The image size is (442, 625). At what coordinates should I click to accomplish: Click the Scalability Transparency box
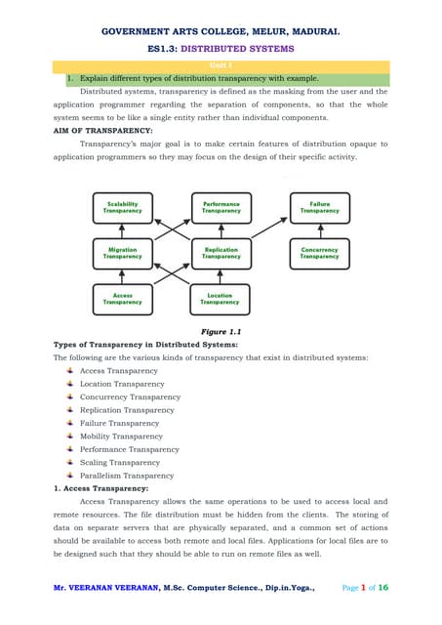tap(122, 207)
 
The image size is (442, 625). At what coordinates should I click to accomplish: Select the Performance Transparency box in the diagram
tap(221, 207)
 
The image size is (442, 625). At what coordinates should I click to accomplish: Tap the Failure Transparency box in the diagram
tap(320, 207)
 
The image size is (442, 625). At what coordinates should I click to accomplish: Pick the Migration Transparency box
tap(122, 253)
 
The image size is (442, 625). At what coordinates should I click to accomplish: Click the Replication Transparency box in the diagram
tap(221, 253)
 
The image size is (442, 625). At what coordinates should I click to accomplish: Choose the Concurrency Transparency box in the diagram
tap(320, 253)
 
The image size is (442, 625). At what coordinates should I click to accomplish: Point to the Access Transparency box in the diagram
tap(122, 299)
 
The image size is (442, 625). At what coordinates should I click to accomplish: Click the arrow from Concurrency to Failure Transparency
tap(320, 230)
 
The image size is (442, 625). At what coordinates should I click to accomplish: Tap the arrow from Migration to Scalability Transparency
tap(122, 230)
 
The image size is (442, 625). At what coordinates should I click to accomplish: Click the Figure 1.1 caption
tap(221, 332)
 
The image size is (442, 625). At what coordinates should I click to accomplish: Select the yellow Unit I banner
tap(221, 66)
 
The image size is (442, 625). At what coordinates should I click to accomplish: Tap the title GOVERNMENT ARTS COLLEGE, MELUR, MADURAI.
tap(221, 31)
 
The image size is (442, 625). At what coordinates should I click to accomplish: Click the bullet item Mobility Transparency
tap(115, 437)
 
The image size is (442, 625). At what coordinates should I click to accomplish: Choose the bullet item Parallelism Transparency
tap(120, 476)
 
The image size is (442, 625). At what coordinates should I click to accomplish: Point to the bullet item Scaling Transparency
tap(113, 463)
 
